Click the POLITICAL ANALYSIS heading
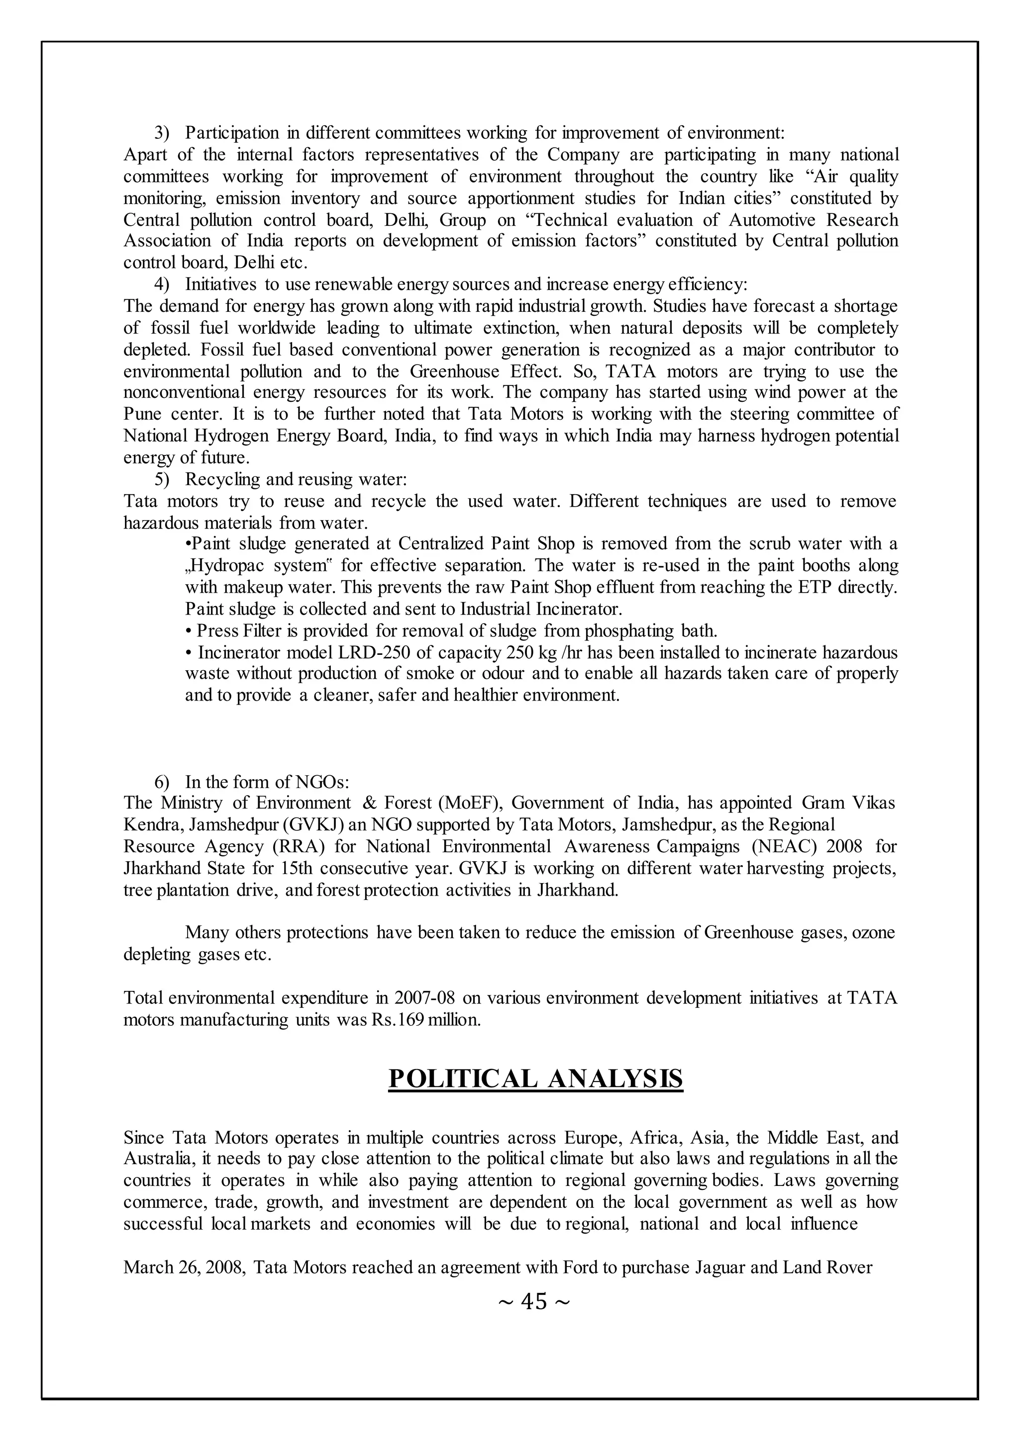coord(535,1078)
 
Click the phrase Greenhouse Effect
coord(485,371)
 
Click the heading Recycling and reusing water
coord(296,479)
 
